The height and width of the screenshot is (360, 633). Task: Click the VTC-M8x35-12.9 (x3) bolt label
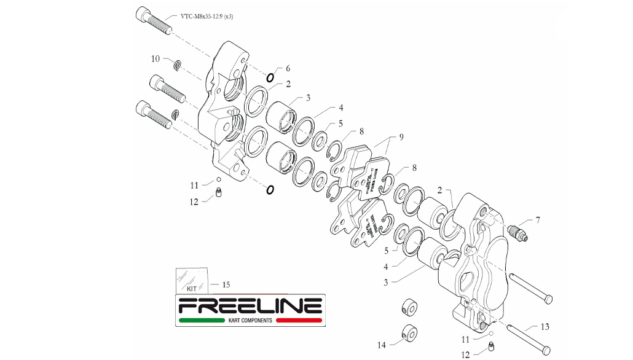point(207,17)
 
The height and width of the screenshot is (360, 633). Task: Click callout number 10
point(155,59)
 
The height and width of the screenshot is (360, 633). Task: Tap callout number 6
point(288,69)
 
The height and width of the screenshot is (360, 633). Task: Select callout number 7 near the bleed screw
point(538,219)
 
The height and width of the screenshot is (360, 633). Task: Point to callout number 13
point(545,327)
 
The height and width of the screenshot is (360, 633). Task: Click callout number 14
point(382,345)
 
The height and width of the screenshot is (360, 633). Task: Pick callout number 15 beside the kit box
point(226,284)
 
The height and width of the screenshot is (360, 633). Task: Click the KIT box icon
point(192,280)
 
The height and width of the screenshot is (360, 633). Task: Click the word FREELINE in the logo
point(250,306)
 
